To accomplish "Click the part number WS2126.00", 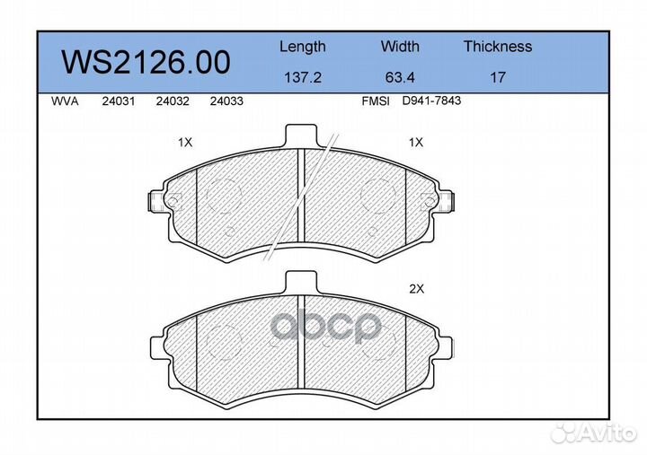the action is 146,62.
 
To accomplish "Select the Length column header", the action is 303,47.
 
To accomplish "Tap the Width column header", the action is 400,46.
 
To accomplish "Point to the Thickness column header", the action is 498,46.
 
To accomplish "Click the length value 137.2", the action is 303,77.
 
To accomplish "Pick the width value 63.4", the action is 400,77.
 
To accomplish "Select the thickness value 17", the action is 498,77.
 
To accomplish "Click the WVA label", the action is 65,101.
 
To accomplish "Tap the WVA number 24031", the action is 119,101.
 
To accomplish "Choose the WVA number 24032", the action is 173,101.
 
